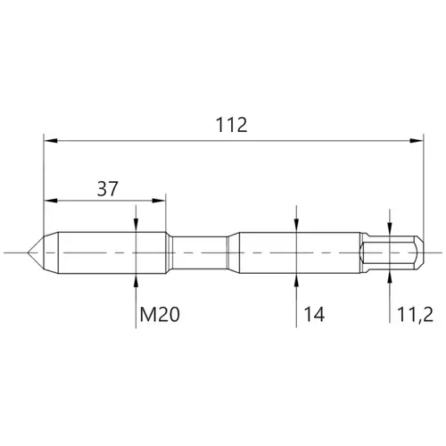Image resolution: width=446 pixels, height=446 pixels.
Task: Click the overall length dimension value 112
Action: (231, 125)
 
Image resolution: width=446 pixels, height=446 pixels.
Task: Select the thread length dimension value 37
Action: (108, 188)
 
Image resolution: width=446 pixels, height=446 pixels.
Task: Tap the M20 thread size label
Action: (160, 315)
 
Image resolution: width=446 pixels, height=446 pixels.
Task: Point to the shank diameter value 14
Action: (314, 315)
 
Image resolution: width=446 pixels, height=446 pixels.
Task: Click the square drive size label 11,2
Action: (415, 315)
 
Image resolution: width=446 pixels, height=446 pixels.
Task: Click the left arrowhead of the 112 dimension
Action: (51, 141)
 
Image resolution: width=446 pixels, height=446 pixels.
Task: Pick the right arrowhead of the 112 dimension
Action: (416, 141)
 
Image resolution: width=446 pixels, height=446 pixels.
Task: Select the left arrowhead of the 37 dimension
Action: (51, 201)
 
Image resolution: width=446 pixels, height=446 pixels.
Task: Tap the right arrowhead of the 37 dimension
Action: (158, 201)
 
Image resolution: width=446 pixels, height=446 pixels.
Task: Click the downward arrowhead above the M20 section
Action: (136, 225)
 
